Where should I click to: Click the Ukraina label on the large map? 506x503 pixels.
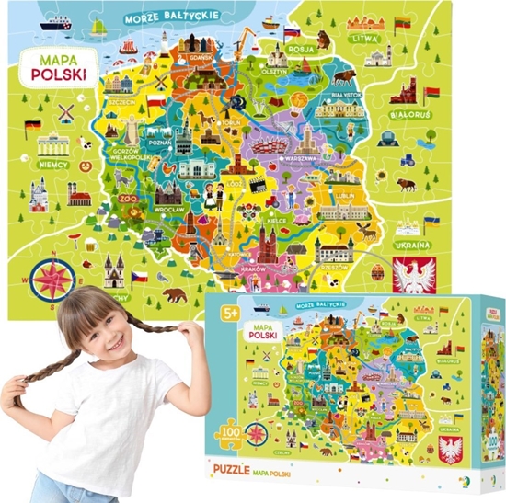click(413, 246)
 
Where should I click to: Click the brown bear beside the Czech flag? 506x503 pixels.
click(172, 296)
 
